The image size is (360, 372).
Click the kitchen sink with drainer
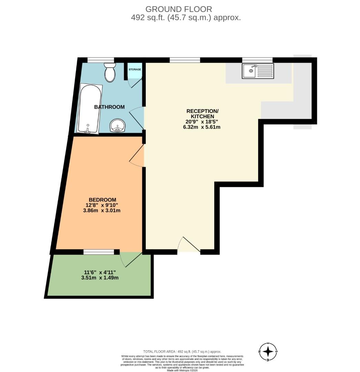click(258, 71)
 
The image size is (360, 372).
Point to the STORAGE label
click(135, 70)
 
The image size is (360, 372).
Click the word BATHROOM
click(109, 107)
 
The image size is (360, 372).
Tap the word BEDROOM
click(102, 200)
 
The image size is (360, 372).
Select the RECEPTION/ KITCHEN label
click(202, 114)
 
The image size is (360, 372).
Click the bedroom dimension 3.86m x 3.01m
click(102, 210)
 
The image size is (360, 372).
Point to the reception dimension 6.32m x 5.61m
click(202, 127)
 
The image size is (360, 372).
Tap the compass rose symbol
click(268, 352)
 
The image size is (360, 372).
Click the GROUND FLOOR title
click(179, 9)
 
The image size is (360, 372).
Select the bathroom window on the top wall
click(96, 60)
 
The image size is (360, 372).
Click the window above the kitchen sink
click(257, 60)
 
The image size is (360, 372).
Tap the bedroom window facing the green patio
click(99, 252)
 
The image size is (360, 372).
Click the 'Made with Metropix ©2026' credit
click(182, 370)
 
